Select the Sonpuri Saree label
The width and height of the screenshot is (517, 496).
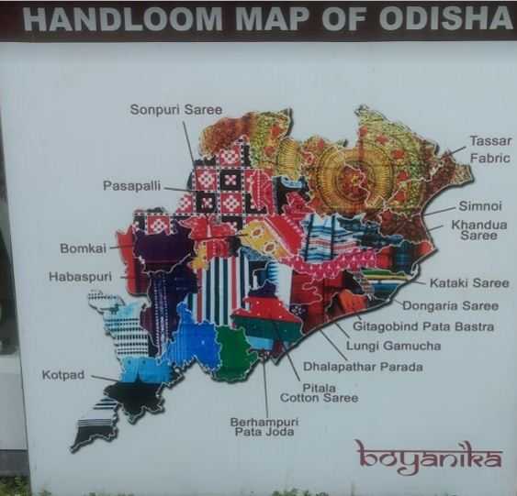[175, 110]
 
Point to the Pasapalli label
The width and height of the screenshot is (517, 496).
[131, 186]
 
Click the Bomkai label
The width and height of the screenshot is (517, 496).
[84, 248]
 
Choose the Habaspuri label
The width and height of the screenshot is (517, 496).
[79, 276]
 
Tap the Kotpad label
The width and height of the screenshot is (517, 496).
[63, 375]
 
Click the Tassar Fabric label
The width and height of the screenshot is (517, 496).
[490, 149]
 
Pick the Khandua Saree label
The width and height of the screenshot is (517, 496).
[474, 230]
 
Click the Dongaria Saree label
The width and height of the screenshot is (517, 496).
[449, 306]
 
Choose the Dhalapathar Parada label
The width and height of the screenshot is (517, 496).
[371, 367]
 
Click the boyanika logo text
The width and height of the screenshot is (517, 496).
[429, 456]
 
